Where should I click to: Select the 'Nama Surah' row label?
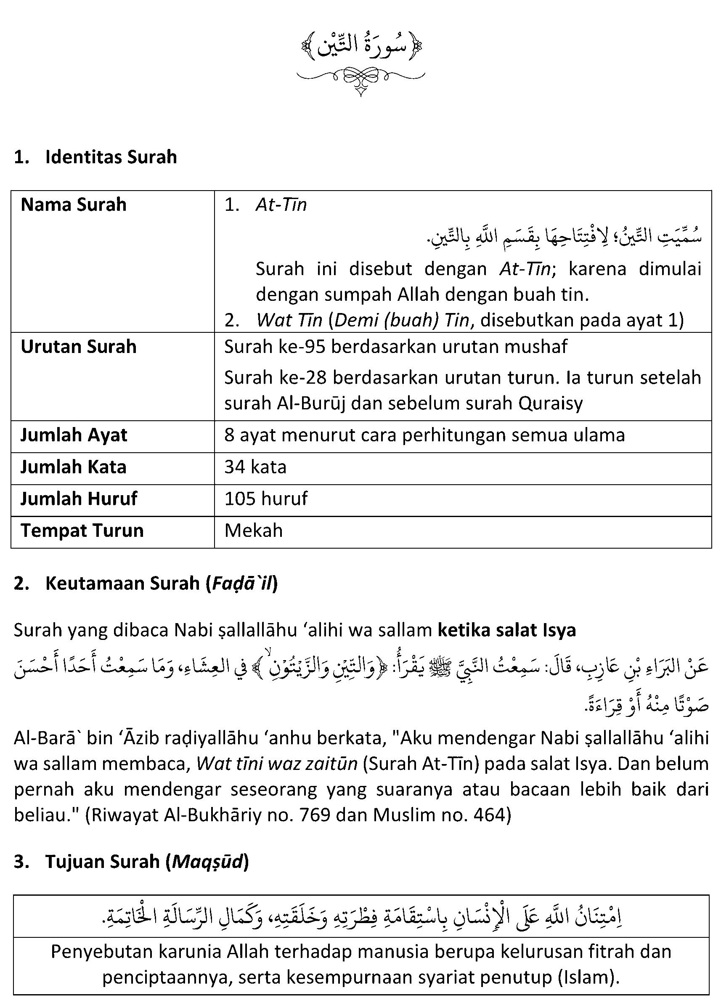pos(73,205)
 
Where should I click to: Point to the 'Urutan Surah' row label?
pos(79,347)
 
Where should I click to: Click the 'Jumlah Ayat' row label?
pos(74,435)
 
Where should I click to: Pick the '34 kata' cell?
pos(255,467)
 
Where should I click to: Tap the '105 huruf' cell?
pos(266,499)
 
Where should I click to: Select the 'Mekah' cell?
pos(253,530)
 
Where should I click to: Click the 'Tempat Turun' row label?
pos(82,530)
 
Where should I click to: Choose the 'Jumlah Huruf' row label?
pos(79,499)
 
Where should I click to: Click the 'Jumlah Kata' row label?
pos(73,467)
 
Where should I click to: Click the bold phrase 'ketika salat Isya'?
pos(506,630)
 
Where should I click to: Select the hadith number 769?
pos(315,815)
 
